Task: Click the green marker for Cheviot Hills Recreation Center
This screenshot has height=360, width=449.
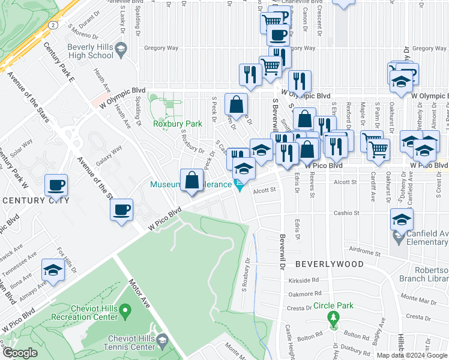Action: [125, 311]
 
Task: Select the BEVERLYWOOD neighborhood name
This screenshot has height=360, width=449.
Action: [329, 264]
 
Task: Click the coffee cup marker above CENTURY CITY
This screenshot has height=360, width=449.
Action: [56, 185]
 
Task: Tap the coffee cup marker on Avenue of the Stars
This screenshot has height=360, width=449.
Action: [122, 210]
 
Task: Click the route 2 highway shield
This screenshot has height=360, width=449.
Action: [53, 25]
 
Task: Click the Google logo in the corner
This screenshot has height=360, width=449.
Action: [20, 353]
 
